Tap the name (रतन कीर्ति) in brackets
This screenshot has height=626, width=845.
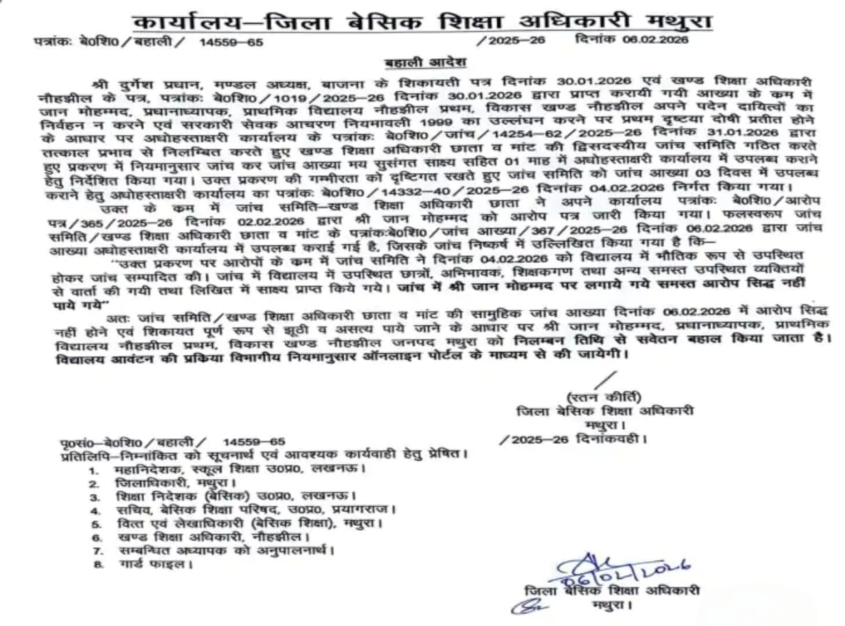(603, 397)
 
